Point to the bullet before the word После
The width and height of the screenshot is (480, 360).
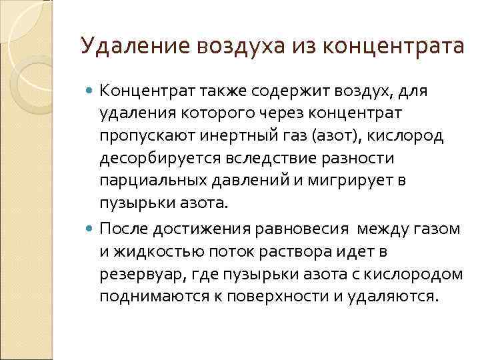pos(91,229)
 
